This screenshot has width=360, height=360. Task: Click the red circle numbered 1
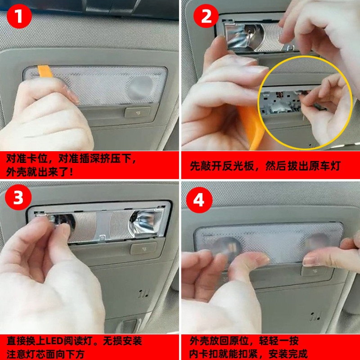(x=19, y=16)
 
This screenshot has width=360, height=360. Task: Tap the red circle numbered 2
(x=206, y=16)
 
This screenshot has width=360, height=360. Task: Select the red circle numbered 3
(x=18, y=197)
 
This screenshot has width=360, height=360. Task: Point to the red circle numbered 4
(x=199, y=200)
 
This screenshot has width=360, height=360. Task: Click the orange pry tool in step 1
(x=45, y=71)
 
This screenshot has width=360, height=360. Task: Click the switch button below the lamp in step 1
(x=138, y=112)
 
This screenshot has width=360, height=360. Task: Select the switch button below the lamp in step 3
(x=144, y=249)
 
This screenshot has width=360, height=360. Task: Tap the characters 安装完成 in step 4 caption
(x=288, y=354)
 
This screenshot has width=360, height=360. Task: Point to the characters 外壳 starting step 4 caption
(x=199, y=341)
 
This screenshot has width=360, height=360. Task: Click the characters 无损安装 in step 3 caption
(x=122, y=341)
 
